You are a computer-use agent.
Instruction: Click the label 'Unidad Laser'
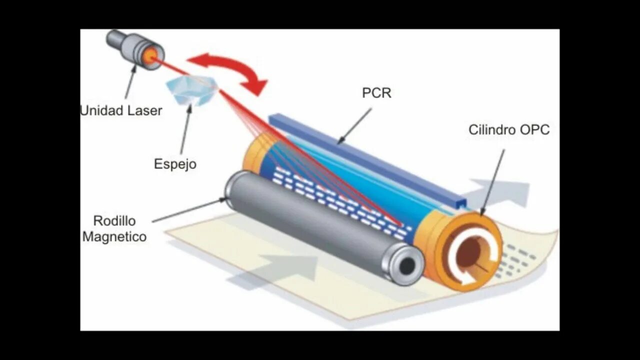point(121,110)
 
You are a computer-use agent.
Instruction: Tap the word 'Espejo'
point(175,164)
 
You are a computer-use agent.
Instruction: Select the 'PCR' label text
point(376,93)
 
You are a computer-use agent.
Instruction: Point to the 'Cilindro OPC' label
point(508,130)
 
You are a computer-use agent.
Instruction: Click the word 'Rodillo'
point(114,220)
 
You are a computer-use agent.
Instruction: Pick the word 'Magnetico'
point(114,236)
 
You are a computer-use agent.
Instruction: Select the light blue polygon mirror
point(191,90)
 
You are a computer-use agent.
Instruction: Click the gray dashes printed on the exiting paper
point(520,257)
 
